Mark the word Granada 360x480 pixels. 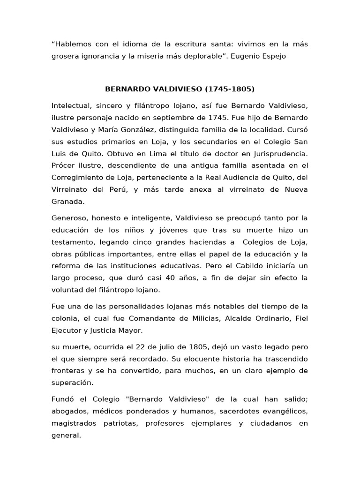click(68, 202)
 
